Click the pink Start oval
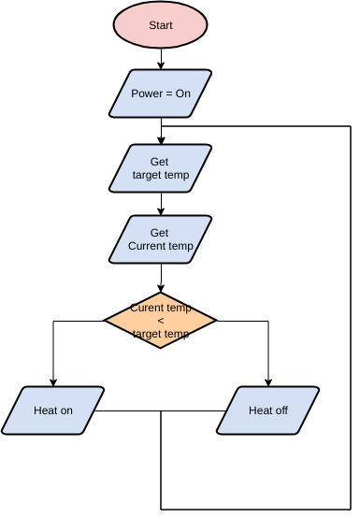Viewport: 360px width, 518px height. pos(161,25)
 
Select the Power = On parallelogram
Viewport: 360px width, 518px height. pos(161,94)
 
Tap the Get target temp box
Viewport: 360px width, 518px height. pos(161,168)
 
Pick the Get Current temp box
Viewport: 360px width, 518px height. pos(161,239)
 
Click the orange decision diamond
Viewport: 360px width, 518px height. pos(160,321)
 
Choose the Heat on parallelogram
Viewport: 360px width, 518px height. pos(53,410)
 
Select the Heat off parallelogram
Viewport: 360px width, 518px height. pos(268,410)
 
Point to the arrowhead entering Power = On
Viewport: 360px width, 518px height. pos(161,66)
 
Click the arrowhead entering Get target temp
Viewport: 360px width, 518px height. pos(161,140)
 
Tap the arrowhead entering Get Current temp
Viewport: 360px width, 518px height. pos(161,212)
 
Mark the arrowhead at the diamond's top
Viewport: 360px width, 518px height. pos(161,289)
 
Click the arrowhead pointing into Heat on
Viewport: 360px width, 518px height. pos(53,382)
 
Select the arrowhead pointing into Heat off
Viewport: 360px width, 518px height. pos(268,382)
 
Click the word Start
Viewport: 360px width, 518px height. pos(161,25)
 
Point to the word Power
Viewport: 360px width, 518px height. pos(146,94)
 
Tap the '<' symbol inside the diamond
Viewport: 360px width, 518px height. pos(160,321)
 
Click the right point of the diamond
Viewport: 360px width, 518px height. pos(216,321)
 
